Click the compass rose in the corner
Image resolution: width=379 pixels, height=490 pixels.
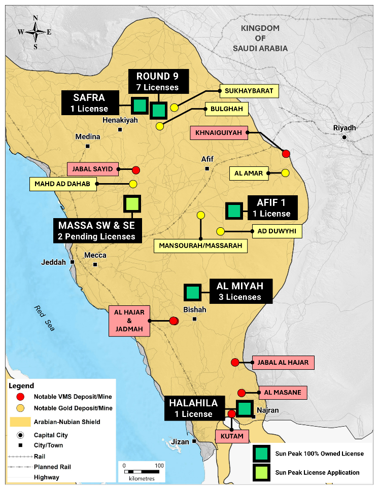(35, 31)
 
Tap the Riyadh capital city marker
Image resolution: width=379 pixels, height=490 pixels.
(344, 137)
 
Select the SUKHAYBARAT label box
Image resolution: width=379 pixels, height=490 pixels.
(249, 91)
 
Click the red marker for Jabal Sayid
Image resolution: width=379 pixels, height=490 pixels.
(135, 170)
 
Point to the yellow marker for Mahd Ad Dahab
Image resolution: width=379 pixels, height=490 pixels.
(133, 184)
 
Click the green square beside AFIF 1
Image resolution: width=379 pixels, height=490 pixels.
(233, 210)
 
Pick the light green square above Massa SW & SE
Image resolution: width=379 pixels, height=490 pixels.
(132, 204)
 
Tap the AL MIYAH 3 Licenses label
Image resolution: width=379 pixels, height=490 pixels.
(241, 292)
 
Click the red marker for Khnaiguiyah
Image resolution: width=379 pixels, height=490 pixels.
(286, 154)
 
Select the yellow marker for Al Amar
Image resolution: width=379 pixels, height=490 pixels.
(285, 173)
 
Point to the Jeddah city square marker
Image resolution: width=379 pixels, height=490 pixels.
(73, 262)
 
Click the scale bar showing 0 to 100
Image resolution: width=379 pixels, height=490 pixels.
(142, 466)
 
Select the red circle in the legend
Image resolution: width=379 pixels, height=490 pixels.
(20, 396)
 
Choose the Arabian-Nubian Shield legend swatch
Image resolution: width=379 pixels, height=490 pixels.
(20, 422)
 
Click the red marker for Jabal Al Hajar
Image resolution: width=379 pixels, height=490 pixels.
(235, 362)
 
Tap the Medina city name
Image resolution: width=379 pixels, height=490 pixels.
(88, 137)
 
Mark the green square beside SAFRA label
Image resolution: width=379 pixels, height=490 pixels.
(139, 105)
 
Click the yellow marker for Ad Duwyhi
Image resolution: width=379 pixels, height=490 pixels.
(221, 231)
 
